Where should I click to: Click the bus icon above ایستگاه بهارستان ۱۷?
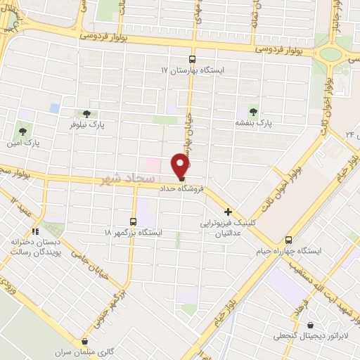[193, 60]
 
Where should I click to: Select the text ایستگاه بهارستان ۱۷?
[193, 71]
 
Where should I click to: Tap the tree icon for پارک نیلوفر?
[86, 113]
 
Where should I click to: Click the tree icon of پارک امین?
[22, 131]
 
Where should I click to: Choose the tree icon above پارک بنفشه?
[253, 111]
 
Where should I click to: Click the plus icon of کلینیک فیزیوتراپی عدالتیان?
[229, 211]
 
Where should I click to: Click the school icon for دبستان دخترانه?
[33, 231]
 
